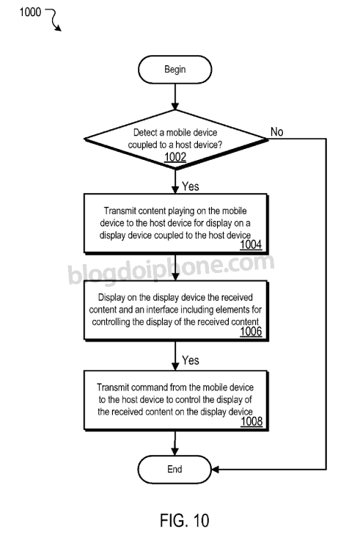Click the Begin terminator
pyautogui.click(x=175, y=70)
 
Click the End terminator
pyautogui.click(x=175, y=469)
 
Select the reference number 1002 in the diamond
pyautogui.click(x=175, y=157)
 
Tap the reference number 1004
pyautogui.click(x=251, y=244)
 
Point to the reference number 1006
pyautogui.click(x=251, y=332)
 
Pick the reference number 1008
pyautogui.click(x=251, y=421)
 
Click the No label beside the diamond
pyautogui.click(x=277, y=131)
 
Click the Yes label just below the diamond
pyautogui.click(x=191, y=186)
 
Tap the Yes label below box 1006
pyautogui.click(x=191, y=360)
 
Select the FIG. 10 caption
pyautogui.click(x=185, y=520)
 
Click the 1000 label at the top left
pyautogui.click(x=30, y=12)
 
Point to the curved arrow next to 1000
pyautogui.click(x=55, y=20)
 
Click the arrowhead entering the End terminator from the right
pyautogui.click(x=215, y=470)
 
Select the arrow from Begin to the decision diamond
pyautogui.click(x=175, y=97)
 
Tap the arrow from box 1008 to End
pyautogui.click(x=175, y=443)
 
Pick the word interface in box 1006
pyautogui.click(x=162, y=309)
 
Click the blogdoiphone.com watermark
pyautogui.click(x=172, y=269)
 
